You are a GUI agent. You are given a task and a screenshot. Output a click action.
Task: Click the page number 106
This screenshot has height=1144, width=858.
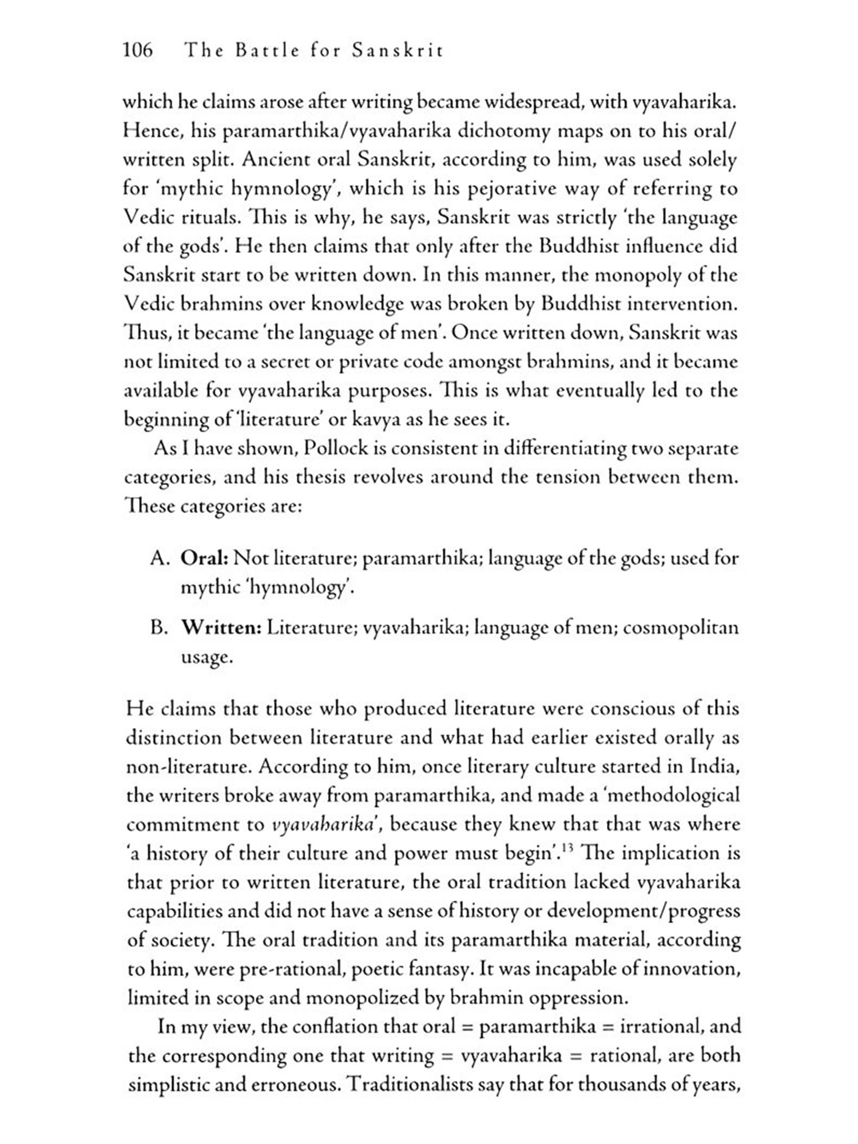(x=138, y=50)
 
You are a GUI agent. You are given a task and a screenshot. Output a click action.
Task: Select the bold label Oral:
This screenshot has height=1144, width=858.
(x=204, y=558)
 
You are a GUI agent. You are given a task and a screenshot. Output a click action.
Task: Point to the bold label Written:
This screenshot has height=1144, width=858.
(x=221, y=628)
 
